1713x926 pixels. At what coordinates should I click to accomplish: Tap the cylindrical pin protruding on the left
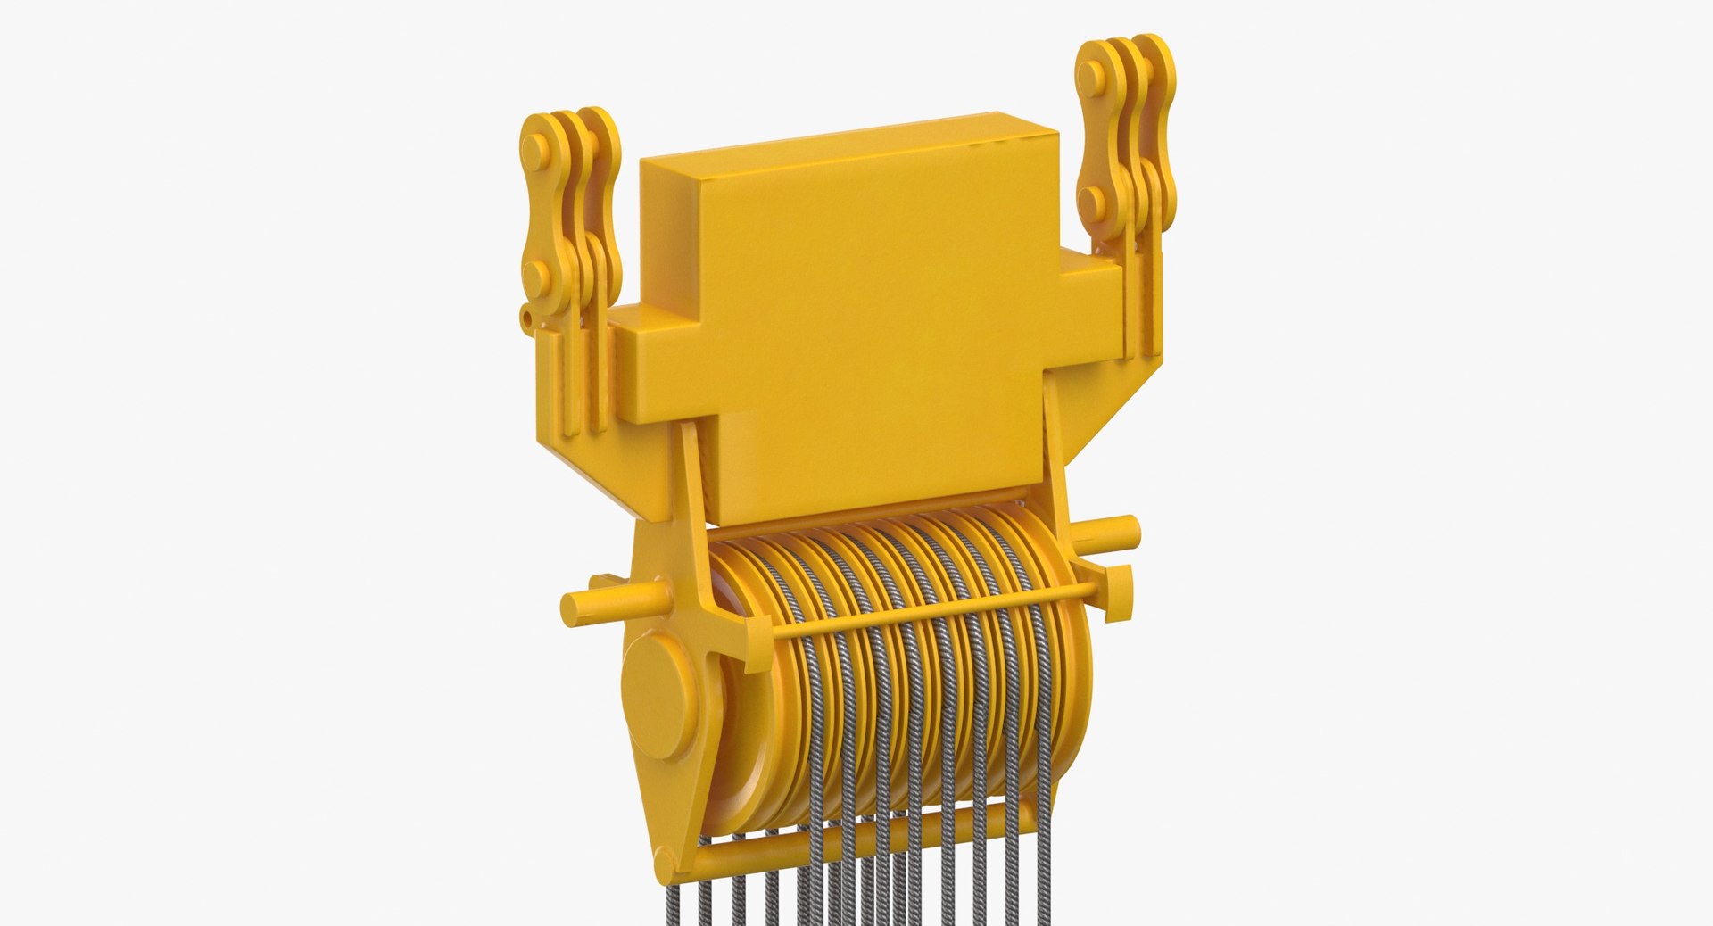607,599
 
